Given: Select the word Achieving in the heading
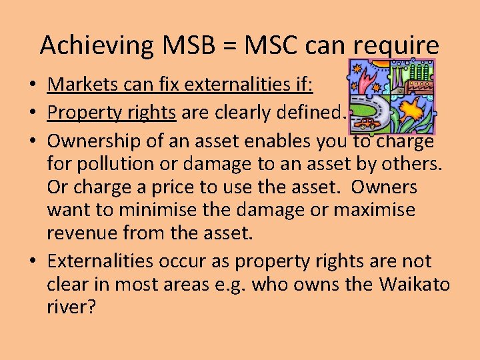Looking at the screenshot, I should point(96,46).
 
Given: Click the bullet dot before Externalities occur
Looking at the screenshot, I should point(31,261).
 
